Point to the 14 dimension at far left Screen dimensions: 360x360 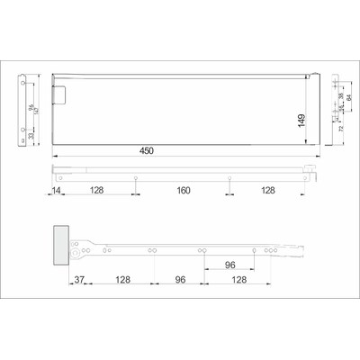[x=57, y=191]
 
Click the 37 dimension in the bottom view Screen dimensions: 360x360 [x=79, y=281]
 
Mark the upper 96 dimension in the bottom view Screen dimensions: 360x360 [x=229, y=266]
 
